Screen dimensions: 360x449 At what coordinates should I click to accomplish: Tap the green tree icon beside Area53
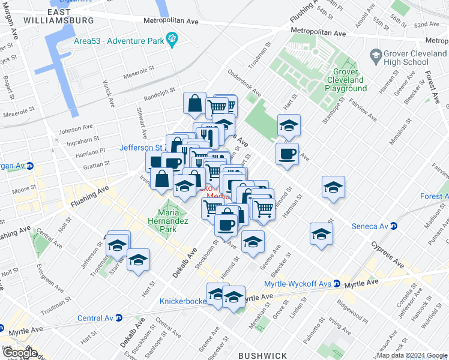coord(173,40)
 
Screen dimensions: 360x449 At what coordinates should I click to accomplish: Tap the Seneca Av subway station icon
coord(394,226)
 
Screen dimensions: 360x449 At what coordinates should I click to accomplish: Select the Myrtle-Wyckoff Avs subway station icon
coord(338,283)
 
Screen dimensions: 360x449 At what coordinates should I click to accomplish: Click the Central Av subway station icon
coord(119,318)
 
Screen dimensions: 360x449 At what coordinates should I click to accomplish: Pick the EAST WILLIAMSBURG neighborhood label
coord(59,16)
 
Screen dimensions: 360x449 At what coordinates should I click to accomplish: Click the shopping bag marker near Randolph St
coord(194,104)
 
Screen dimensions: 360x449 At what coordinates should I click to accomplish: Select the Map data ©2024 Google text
coord(411,355)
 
